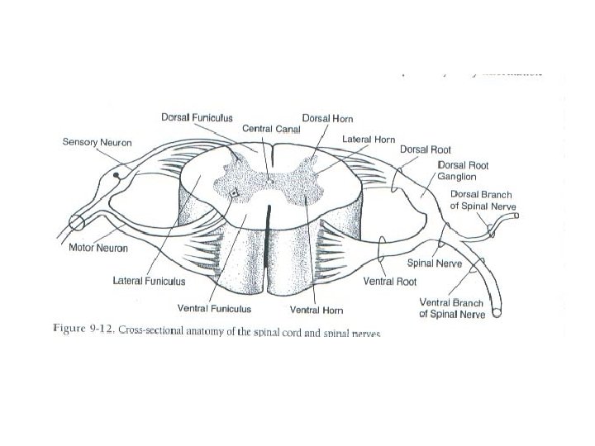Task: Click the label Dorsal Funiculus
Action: pyautogui.click(x=195, y=119)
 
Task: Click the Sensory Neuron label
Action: pyautogui.click(x=97, y=142)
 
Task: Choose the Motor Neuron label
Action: pyautogui.click(x=97, y=248)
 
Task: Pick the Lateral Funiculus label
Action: pyautogui.click(x=149, y=281)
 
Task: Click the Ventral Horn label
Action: pyautogui.click(x=317, y=311)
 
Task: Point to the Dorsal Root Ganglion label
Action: pyautogui.click(x=463, y=170)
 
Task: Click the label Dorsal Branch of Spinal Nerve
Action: pyautogui.click(x=483, y=199)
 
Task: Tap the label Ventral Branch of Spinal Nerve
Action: pyautogui.click(x=452, y=308)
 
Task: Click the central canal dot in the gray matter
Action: pyautogui.click(x=269, y=176)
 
